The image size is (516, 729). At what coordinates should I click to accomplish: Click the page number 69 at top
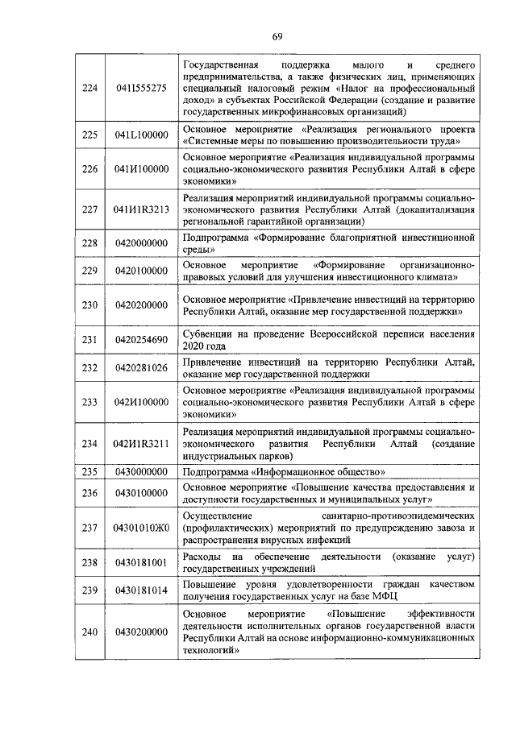[277, 36]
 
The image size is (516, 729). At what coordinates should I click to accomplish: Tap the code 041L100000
[141, 135]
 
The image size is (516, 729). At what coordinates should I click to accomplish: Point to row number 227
[89, 209]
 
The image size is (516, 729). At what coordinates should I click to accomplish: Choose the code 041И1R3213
[141, 209]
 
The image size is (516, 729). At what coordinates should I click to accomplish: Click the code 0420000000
[141, 242]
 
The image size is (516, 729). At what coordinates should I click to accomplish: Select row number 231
[89, 339]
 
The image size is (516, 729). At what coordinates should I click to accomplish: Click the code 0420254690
[141, 339]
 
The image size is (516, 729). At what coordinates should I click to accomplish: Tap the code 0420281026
[141, 368]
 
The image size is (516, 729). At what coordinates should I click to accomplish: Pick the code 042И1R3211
[141, 443]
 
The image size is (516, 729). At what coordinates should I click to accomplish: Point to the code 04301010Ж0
[141, 526]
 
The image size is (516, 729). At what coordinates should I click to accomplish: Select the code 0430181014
[141, 590]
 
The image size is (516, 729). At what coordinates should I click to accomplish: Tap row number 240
[89, 632]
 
